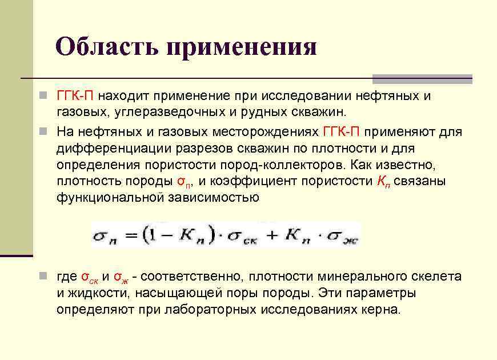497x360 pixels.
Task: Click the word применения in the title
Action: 242,47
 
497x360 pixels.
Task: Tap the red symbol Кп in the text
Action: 384,182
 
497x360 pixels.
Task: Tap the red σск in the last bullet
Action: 89,278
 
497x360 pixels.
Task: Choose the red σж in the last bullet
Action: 121,278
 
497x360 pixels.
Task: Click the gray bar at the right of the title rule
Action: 422,79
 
